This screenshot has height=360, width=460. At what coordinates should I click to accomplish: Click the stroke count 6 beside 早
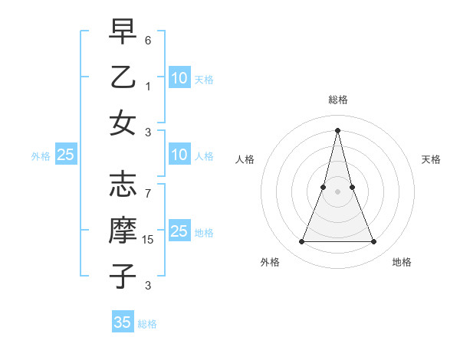point(148,39)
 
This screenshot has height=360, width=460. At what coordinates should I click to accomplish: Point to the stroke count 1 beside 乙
point(148,85)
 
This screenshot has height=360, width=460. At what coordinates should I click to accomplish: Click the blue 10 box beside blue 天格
point(179,78)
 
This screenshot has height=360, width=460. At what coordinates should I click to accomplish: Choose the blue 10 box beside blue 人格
point(179,155)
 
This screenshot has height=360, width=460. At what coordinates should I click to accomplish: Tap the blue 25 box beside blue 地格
point(179,232)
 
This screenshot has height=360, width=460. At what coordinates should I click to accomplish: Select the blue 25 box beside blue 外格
point(66,155)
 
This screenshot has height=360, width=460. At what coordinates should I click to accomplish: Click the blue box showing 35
point(123,322)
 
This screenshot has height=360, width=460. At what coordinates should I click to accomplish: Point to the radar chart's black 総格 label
point(338,100)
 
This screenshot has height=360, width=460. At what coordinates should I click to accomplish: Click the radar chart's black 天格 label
point(432,159)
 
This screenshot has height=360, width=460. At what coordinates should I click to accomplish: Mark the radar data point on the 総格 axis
point(338,129)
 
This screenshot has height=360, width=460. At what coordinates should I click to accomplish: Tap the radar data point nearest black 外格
point(301,242)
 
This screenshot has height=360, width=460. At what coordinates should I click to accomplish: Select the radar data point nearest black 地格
point(374,242)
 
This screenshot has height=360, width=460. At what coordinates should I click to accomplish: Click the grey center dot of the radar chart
point(338,191)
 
